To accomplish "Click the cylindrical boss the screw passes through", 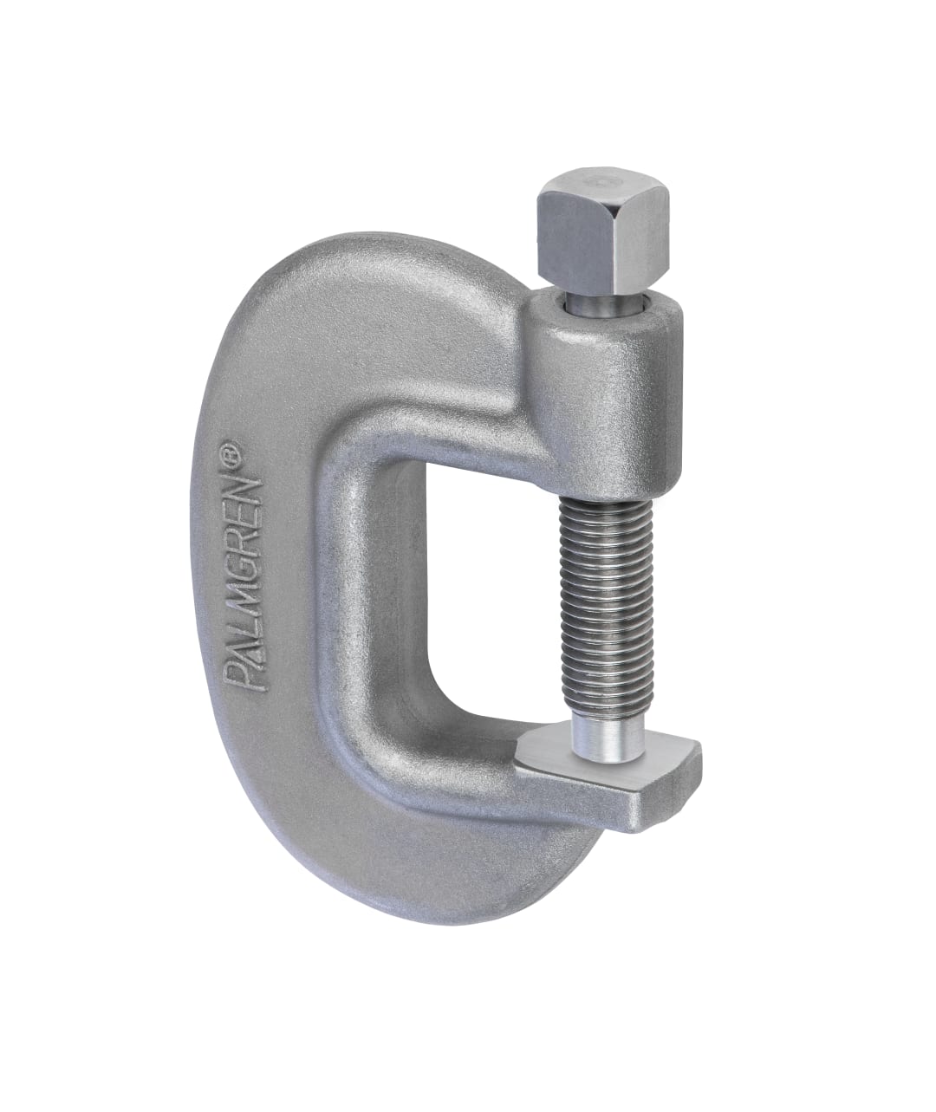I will click(607, 364).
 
